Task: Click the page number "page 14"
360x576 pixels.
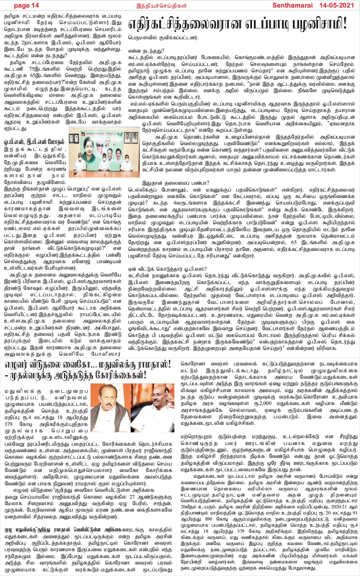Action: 26,5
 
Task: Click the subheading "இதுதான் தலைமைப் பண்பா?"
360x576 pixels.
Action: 168,183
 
